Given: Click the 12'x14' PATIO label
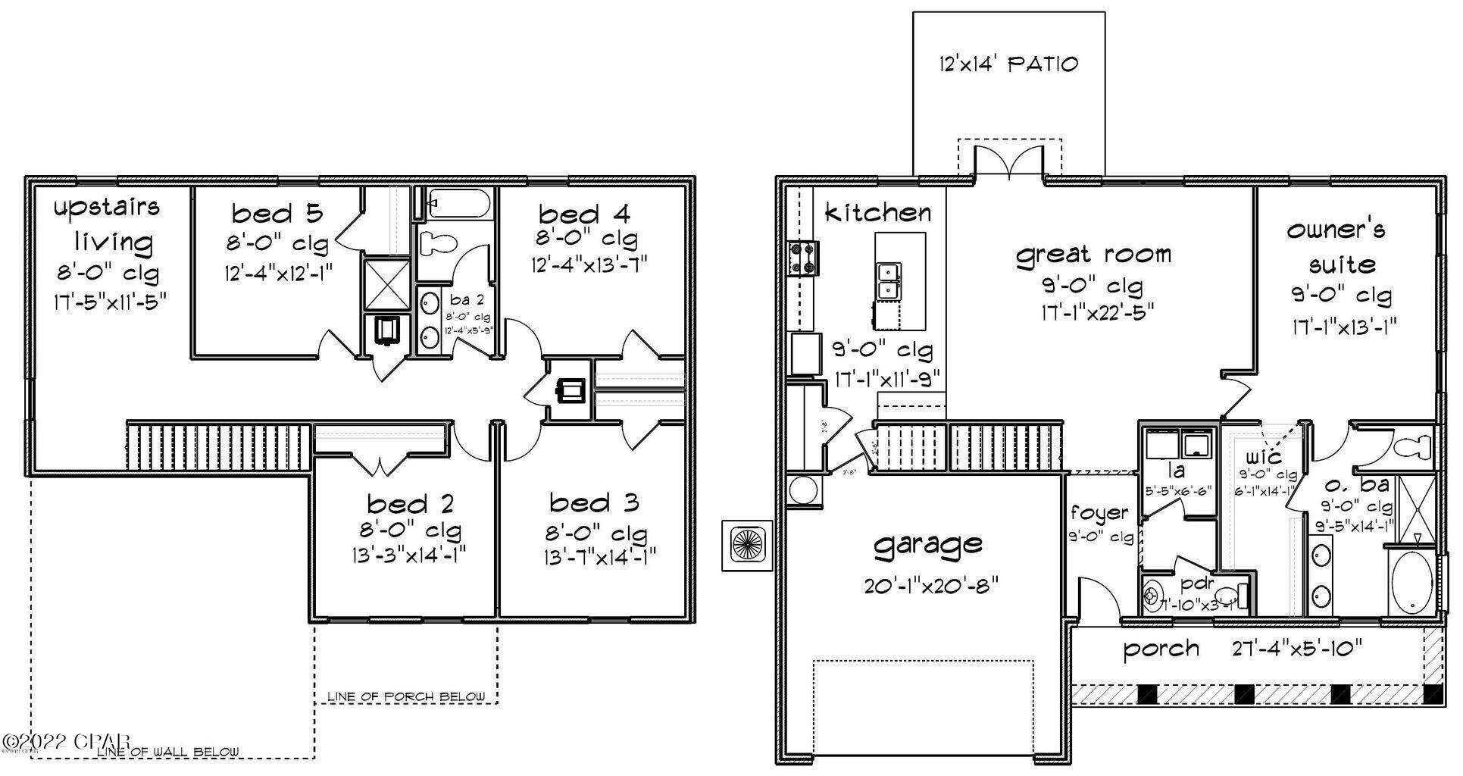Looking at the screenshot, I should pos(1008,64).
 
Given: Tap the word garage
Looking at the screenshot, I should pos(928,545).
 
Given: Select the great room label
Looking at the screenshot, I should pos(1093,255).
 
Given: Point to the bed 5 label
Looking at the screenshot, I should pos(277,213).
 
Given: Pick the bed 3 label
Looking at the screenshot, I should pos(594,502).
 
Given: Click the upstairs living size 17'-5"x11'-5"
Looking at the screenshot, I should pos(110,301).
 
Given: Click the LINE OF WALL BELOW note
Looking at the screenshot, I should pos(169,752).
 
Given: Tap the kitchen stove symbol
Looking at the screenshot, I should pos(803,258).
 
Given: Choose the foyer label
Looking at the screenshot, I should pos(1099,514).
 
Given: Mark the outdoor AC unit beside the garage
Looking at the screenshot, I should pos(746,544).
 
